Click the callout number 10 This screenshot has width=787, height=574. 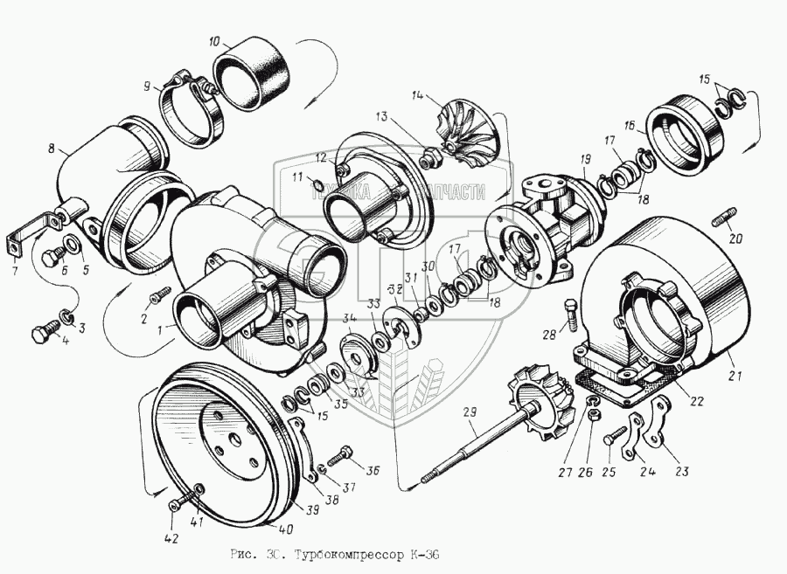(x=215, y=41)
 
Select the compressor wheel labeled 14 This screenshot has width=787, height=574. (x=468, y=128)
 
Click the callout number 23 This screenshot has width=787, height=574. (x=681, y=472)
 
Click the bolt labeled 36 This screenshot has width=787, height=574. (x=344, y=454)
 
